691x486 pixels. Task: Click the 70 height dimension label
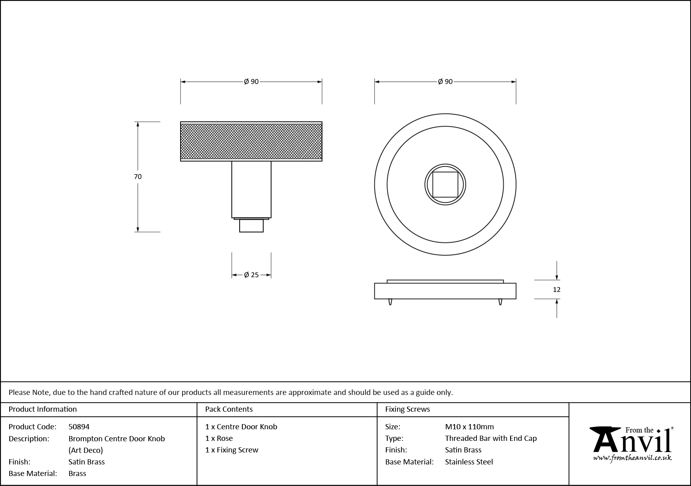[138, 177]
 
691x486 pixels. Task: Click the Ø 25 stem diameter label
[251, 275]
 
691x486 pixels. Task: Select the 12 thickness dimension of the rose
[556, 290]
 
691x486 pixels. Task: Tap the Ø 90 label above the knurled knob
[251, 81]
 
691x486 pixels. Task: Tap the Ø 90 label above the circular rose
[445, 81]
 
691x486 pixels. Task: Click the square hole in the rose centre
[445, 184]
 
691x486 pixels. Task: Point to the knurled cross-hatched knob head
[251, 141]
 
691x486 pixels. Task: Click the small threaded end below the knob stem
[251, 226]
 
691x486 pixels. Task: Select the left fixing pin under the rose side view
[390, 302]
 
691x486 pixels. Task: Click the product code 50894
[79, 426]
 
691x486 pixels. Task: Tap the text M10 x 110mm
[469, 426]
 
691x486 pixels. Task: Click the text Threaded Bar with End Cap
[490, 438]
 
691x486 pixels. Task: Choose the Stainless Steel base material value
[469, 462]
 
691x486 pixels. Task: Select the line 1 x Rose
[219, 438]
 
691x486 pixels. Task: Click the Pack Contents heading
[229, 409]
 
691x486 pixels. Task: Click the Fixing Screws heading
[407, 409]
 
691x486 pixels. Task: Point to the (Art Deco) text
[85, 450]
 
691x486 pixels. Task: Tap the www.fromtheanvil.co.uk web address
[632, 458]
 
